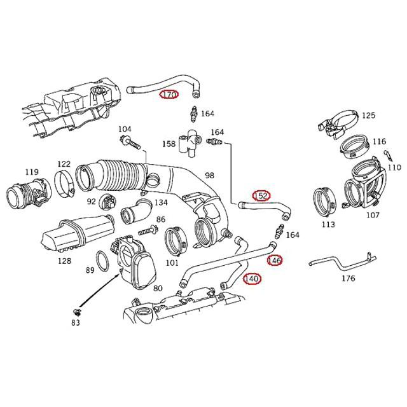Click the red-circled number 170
169,94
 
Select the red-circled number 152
261,195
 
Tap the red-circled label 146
274,260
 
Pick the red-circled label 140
252,279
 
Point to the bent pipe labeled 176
338,262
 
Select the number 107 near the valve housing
373,214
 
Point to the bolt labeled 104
127,141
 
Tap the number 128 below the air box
64,261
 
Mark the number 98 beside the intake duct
209,176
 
